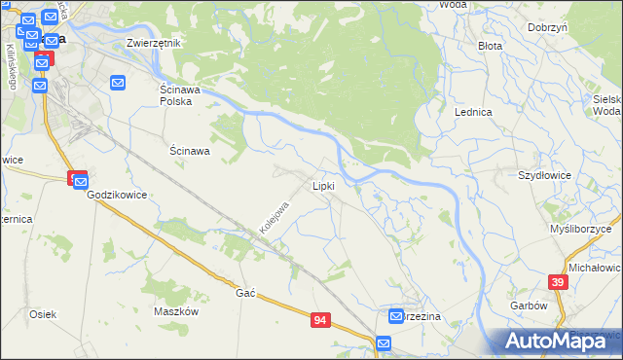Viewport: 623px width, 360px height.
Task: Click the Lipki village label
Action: coord(323,185)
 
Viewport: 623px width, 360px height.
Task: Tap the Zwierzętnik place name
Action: coord(155,44)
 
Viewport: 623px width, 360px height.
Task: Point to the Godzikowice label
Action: coord(117,195)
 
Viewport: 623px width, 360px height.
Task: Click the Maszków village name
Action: coord(176,311)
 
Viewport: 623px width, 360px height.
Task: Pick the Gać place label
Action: coord(244,292)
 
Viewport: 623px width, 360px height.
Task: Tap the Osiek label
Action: coord(43,314)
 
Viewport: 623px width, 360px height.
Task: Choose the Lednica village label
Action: coord(473,112)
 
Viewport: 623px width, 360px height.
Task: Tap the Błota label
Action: coord(490,46)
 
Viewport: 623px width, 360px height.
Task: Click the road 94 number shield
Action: coord(320,318)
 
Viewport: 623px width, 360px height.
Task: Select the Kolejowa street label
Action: coord(275,218)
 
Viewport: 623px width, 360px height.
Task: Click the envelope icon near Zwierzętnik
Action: coord(118,84)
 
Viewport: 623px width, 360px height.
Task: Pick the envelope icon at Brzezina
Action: coord(397,316)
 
